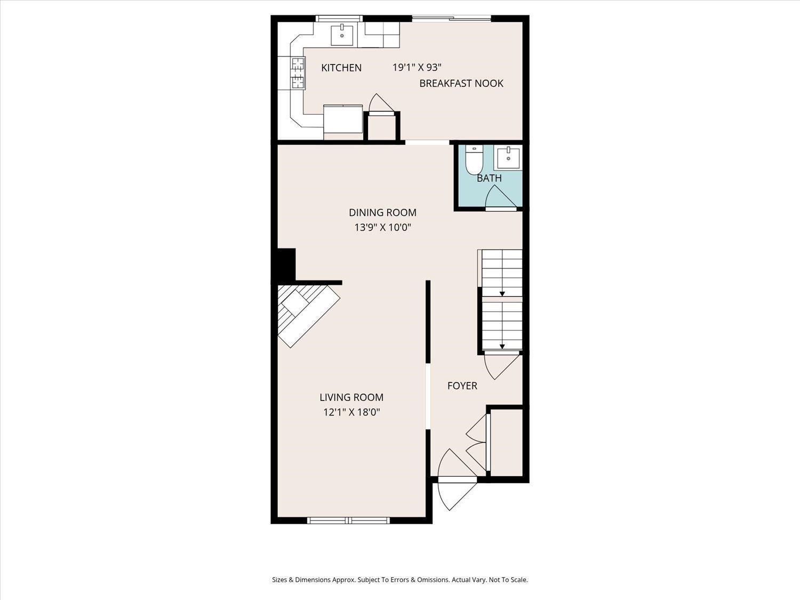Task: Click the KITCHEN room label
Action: [341, 68]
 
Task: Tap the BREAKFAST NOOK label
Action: [461, 83]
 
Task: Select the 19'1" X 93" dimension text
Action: [417, 67]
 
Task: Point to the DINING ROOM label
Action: [383, 212]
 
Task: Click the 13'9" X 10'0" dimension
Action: [383, 228]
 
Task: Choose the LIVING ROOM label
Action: [351, 397]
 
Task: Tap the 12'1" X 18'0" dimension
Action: [351, 412]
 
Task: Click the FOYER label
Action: [462, 386]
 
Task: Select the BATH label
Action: [489, 178]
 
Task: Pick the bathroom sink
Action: [508, 157]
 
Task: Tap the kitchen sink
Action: [342, 35]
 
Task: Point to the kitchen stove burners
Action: [298, 73]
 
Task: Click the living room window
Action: [348, 520]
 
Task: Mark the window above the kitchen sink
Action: [339, 18]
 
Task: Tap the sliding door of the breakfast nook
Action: [452, 18]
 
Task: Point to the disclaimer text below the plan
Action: [400, 580]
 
